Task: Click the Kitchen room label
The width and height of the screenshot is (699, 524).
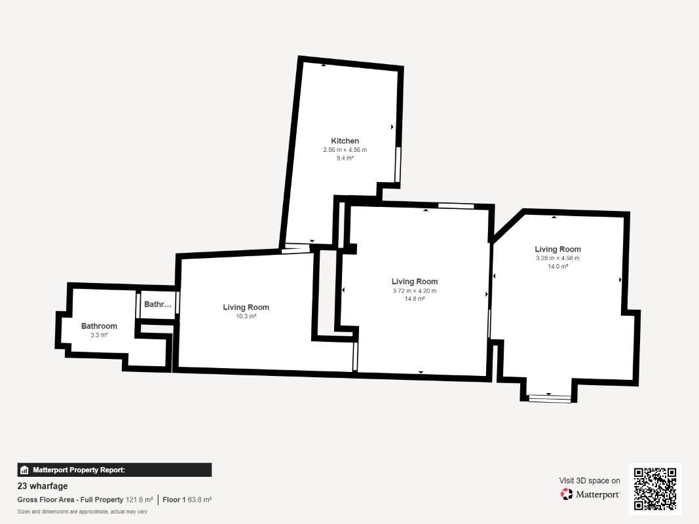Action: (x=345, y=141)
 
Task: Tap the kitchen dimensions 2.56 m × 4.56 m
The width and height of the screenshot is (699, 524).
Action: (x=345, y=150)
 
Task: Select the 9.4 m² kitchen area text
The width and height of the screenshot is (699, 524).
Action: (x=345, y=158)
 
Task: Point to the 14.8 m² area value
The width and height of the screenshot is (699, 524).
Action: (x=415, y=299)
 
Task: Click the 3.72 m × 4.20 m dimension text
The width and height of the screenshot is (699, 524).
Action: (x=415, y=291)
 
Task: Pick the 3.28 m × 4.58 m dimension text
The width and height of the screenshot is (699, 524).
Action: (x=557, y=258)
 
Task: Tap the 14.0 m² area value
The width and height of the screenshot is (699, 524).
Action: (x=557, y=267)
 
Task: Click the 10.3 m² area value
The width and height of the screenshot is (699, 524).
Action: (x=246, y=316)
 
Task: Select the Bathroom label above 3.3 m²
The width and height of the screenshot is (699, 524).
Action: (x=99, y=326)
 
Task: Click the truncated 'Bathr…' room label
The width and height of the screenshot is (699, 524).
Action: (x=158, y=305)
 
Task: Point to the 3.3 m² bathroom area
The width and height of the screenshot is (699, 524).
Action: (x=99, y=335)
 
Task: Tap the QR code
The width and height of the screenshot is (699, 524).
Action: (x=655, y=489)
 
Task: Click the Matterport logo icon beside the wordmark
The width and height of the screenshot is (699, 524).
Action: (x=567, y=494)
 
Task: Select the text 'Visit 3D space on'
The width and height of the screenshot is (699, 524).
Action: (x=590, y=481)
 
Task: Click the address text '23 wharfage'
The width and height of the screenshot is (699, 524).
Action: (x=43, y=486)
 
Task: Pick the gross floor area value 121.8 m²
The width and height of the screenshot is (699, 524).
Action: (x=139, y=500)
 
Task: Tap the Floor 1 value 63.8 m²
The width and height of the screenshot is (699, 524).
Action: (x=200, y=500)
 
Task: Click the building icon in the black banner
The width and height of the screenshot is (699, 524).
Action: (x=24, y=470)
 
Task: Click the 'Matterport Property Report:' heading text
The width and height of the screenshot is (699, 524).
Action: (x=79, y=470)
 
